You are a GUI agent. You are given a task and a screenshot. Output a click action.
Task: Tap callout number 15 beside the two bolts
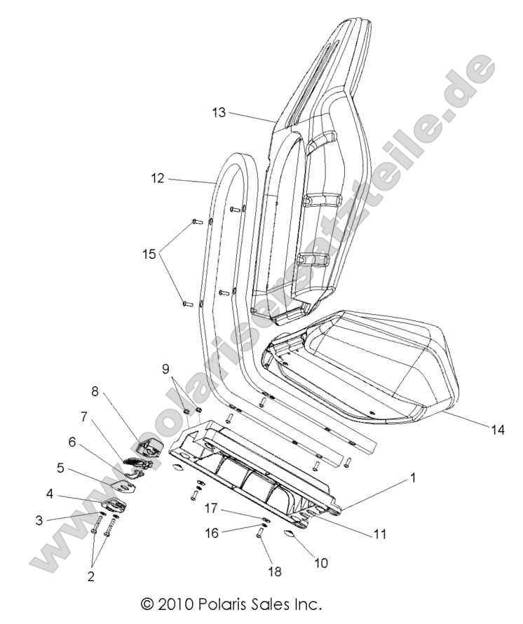click(148, 255)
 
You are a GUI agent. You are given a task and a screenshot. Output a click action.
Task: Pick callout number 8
click(95, 391)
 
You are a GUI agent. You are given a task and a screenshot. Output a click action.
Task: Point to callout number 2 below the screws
click(90, 576)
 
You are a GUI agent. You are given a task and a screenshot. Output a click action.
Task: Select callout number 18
click(275, 571)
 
